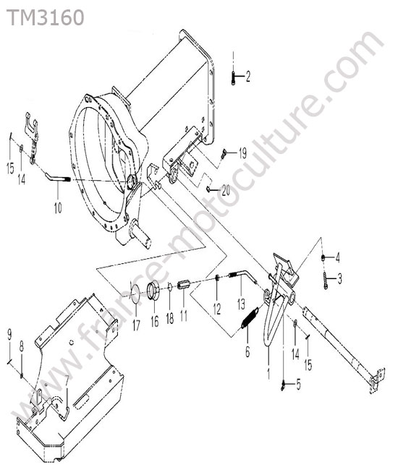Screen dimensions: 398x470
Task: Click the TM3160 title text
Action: pos(45,17)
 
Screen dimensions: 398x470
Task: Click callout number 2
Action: pos(247,77)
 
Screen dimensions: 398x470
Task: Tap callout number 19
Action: pos(242,153)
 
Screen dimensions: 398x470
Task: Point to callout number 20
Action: pos(226,189)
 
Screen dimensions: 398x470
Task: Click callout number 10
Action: pos(58,208)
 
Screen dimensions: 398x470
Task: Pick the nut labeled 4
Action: pos(323,257)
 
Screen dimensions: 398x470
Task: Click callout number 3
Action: pos(339,279)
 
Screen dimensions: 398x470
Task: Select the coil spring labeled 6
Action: pos(249,318)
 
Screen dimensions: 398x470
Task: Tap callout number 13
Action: pos(241,304)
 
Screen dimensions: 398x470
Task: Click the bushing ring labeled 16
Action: pos(153,289)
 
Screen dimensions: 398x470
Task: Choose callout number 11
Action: pos(184,316)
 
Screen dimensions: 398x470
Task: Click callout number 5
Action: pos(298,384)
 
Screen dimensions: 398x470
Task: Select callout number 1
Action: pos(268,374)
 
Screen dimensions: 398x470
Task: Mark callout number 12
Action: pos(217,309)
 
